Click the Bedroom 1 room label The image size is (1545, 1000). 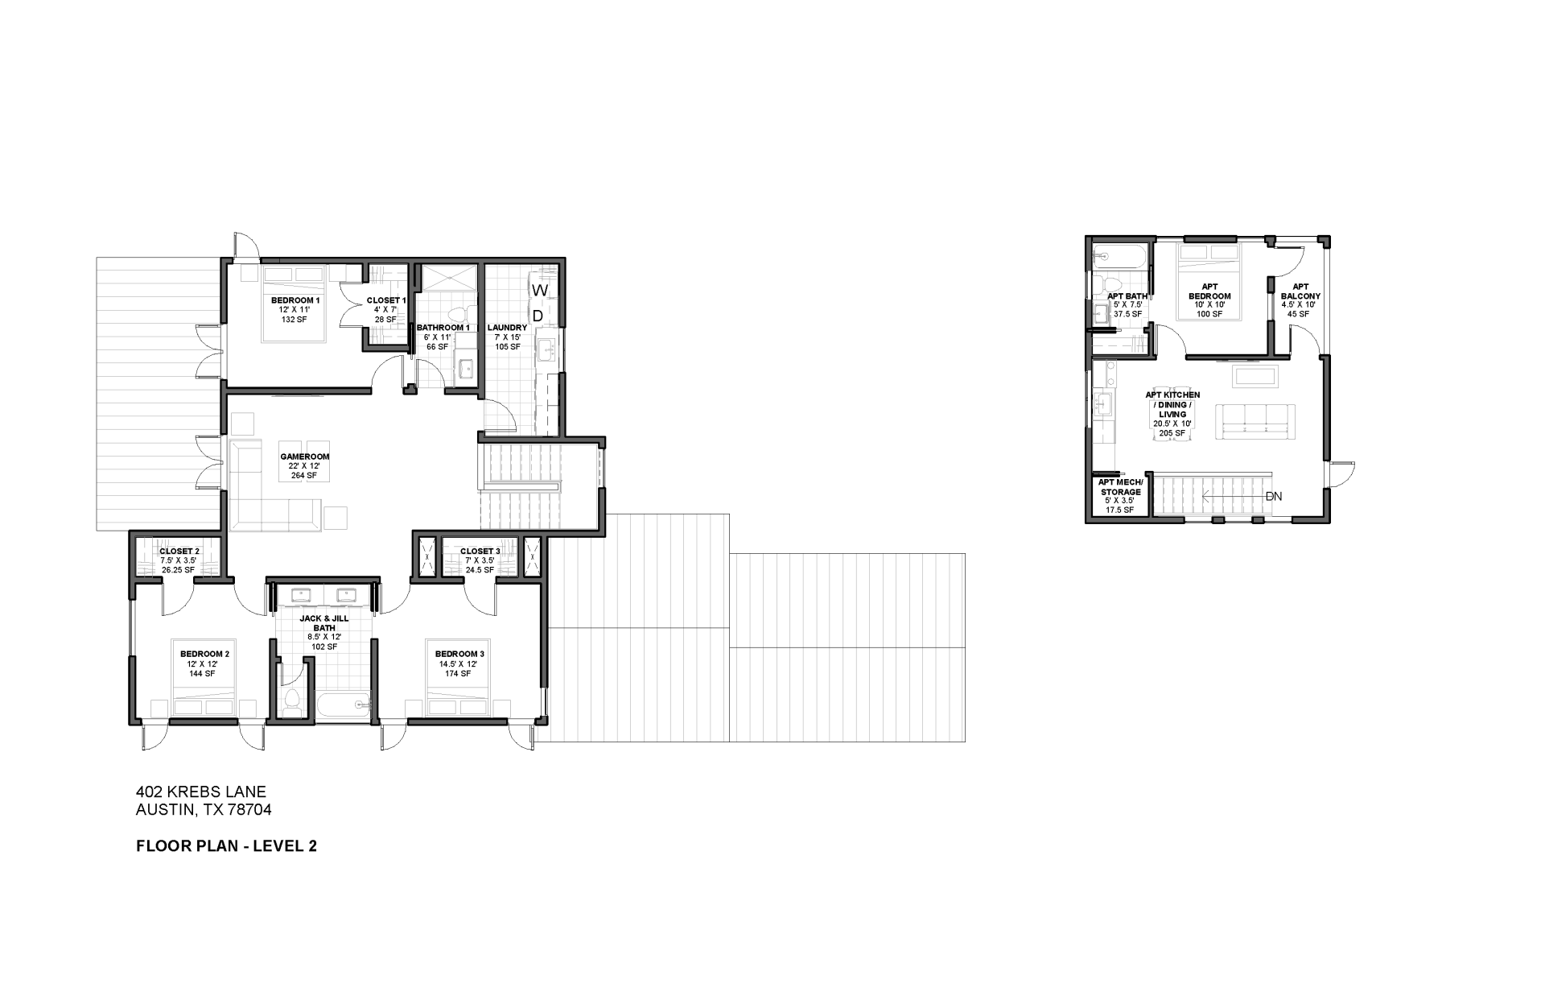295,300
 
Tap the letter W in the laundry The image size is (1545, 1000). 540,290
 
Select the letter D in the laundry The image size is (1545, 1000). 538,316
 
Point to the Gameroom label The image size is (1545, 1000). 304,457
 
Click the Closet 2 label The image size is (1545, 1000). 179,552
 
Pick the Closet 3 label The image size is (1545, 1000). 480,552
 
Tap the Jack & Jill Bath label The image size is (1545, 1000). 323,623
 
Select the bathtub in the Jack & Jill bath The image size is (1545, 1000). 343,706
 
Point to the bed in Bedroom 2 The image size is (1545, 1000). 204,699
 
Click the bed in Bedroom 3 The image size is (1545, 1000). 459,699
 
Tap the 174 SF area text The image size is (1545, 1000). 457,674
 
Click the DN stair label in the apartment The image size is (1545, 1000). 1273,497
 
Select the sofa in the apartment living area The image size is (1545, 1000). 1255,422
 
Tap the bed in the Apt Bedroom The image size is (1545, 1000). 1209,282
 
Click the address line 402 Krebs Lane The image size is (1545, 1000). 201,792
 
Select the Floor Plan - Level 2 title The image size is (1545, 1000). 227,845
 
